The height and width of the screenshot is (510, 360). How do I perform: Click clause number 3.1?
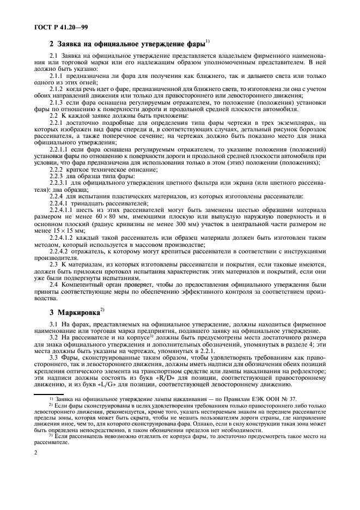54,324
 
